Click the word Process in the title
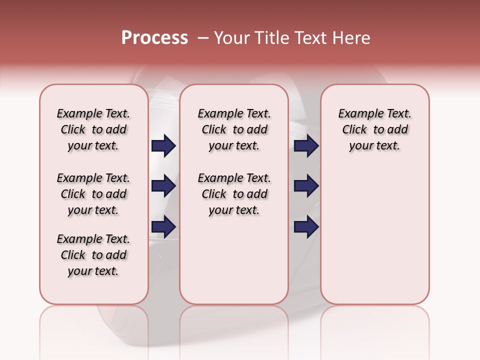pos(154,38)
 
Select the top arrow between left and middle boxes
pos(163,145)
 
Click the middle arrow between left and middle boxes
pos(163,186)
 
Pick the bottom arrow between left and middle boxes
pos(163,226)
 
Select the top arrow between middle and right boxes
pos(306,145)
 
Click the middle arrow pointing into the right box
pos(306,186)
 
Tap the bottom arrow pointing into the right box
pos(306,226)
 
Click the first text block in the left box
pos(93,129)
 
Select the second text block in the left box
pos(93,194)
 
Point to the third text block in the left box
pos(93,255)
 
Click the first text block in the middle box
pos(234,129)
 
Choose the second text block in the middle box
pos(234,194)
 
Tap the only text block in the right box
pos(374,129)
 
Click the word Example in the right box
pos(357,114)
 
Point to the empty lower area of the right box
pos(374,235)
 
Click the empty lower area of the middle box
pos(234,260)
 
